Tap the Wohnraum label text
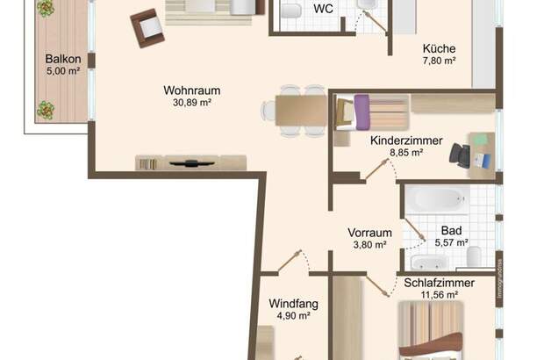(191, 90)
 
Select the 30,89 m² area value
(191, 102)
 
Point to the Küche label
(438, 49)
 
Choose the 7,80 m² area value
(438, 61)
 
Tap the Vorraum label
(369, 233)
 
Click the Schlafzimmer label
(440, 283)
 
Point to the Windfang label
(293, 305)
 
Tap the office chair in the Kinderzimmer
(460, 155)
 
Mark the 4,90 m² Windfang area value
(293, 317)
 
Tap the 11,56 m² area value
(440, 295)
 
